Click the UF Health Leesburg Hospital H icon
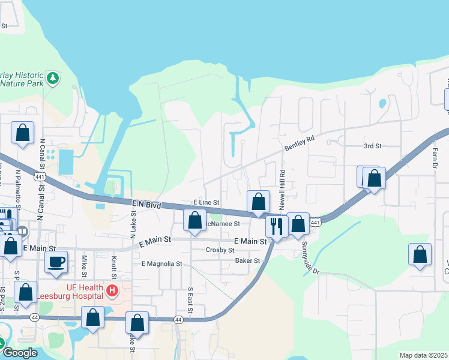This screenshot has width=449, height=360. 111,291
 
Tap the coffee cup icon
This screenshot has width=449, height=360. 56,262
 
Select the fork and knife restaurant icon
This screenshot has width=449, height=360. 276,226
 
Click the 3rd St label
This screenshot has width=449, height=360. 372,146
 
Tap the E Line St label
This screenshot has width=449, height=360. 206,203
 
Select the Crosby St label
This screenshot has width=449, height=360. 219,250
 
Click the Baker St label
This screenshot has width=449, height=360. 247,261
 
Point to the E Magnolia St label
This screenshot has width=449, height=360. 161,263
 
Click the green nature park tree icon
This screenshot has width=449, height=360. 53,77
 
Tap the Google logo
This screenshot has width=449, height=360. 19,353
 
